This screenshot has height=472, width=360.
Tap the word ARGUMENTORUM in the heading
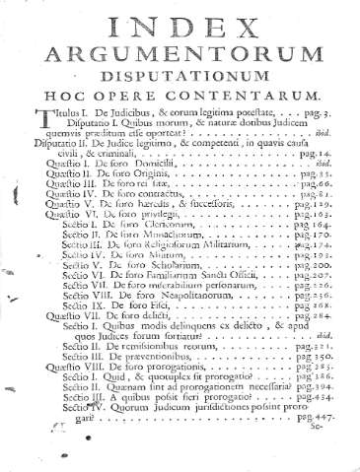(x=180, y=54)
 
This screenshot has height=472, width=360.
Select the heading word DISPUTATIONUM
(x=180, y=82)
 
